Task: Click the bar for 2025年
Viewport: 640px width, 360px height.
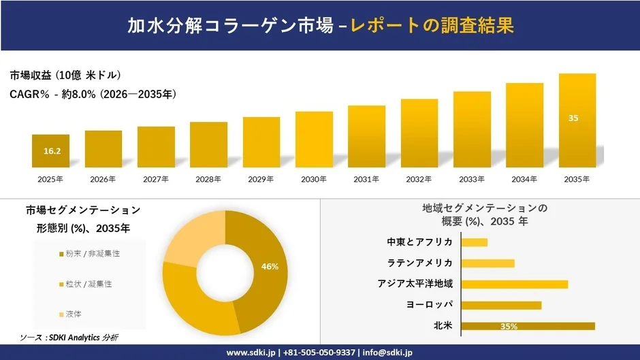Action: coord(50,151)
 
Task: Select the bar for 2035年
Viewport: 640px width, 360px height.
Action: coord(577,120)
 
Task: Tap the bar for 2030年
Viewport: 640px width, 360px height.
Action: coord(314,140)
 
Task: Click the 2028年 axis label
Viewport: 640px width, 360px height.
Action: coord(209,179)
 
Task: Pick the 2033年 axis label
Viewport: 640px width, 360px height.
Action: coord(472,179)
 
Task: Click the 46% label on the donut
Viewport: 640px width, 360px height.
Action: coord(270,266)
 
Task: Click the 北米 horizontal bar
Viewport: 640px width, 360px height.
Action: coord(528,326)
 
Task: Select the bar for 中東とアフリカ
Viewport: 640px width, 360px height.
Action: coord(475,242)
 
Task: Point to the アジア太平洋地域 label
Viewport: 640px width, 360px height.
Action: coord(415,284)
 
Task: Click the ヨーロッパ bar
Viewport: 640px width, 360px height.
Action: coord(501,305)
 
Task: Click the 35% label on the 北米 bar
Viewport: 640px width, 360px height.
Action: coord(509,327)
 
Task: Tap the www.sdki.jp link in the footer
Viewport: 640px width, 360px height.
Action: coord(250,353)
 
